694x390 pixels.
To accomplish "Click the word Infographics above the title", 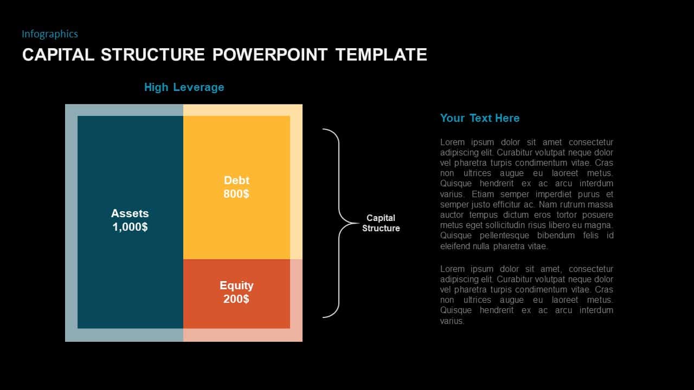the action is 50,34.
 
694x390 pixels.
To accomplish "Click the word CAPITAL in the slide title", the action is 58,55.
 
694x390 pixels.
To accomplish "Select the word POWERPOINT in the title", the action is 270,55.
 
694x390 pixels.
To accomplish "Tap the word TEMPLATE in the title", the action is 381,55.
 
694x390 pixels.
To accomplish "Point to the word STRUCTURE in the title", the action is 153,55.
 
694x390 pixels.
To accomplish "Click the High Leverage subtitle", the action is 184,87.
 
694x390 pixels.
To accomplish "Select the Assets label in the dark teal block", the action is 130,213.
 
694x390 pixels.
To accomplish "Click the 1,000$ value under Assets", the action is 130,227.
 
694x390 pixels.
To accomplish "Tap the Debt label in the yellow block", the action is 236,180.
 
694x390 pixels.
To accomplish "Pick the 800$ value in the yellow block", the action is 236,194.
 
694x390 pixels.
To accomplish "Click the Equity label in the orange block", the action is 236,285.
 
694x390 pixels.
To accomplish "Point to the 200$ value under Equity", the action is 236,299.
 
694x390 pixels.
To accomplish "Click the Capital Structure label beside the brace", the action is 381,223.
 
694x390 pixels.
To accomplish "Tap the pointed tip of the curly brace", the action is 358,223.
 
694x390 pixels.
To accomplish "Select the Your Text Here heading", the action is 480,118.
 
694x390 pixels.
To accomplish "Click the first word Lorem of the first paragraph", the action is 452,142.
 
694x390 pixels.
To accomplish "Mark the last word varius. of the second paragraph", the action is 452,321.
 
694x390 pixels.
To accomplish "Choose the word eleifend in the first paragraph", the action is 455,246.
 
